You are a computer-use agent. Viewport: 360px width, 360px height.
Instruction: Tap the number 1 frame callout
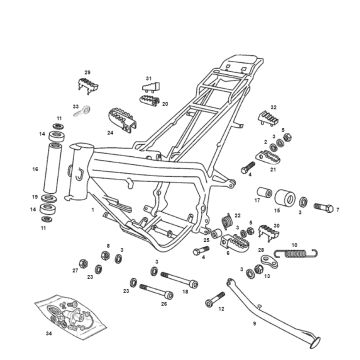(93, 212)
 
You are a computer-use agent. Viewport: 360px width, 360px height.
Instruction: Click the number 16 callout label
(35, 171)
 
